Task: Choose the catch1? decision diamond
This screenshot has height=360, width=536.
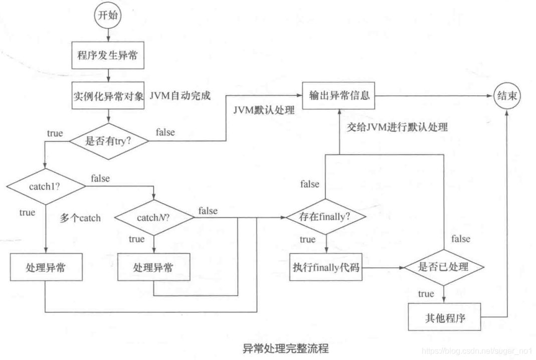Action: (x=46, y=187)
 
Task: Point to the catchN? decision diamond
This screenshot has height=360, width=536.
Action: (x=154, y=218)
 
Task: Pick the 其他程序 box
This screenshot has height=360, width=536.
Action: (x=444, y=318)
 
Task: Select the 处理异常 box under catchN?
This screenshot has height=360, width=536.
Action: (x=153, y=267)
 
